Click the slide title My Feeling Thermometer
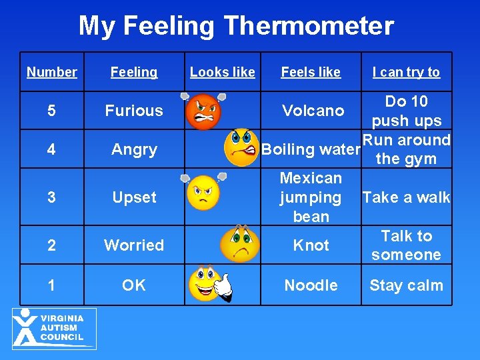[x=236, y=27]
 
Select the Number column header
[x=52, y=72]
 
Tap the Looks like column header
[x=223, y=72]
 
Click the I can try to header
[x=406, y=72]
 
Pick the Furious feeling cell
[x=134, y=111]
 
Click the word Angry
[x=134, y=149]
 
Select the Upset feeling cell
[x=134, y=197]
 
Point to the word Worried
[x=134, y=245]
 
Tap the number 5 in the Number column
[x=52, y=111]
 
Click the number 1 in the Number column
[x=52, y=285]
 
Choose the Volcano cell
[x=313, y=111]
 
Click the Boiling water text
[x=311, y=149]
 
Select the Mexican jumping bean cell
[x=311, y=197]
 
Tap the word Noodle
[x=311, y=285]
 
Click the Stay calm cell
[x=406, y=285]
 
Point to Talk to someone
[x=406, y=245]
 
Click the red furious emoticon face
[x=203, y=111]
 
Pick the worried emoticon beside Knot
[x=240, y=244]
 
